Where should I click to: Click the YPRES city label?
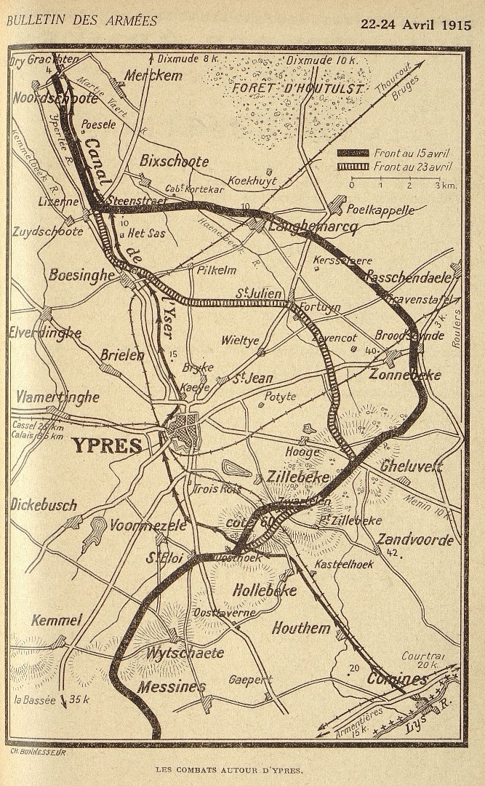pyautogui.click(x=106, y=445)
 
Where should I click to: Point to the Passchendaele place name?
pyautogui.click(x=411, y=277)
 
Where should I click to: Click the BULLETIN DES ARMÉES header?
pyautogui.click(x=81, y=21)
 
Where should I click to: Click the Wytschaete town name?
pyautogui.click(x=185, y=653)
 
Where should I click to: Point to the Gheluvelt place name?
pyautogui.click(x=411, y=466)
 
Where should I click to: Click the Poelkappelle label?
pyautogui.click(x=380, y=210)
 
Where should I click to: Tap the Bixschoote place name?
pyautogui.click(x=174, y=162)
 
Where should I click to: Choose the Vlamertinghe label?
pyautogui.click(x=57, y=397)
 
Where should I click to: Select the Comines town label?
pyautogui.click(x=396, y=679)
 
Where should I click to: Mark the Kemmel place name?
pyautogui.click(x=56, y=620)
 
